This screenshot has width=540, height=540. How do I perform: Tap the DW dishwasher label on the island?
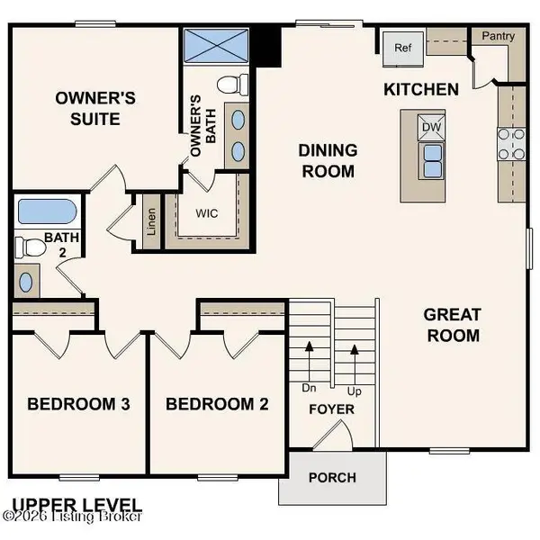432,127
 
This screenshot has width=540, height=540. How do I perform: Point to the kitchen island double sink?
432,158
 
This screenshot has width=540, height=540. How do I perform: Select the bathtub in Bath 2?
46,212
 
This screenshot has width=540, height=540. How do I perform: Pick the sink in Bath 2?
26,282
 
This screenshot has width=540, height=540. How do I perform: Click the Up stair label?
355,392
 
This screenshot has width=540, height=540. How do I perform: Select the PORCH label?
331,478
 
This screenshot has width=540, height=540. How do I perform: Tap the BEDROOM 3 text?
79,404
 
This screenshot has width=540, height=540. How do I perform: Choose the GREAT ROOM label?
452,325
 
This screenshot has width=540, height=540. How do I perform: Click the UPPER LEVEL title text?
76,504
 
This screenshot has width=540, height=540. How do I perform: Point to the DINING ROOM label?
328,160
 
